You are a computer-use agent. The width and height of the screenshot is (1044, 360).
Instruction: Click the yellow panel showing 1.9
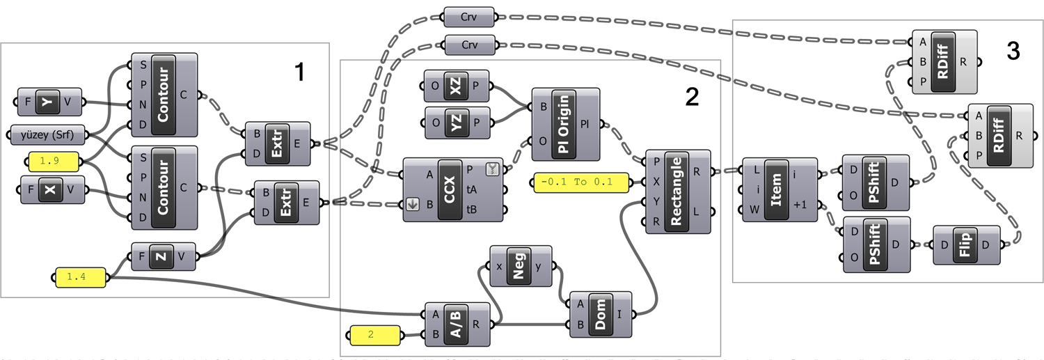click(x=54, y=162)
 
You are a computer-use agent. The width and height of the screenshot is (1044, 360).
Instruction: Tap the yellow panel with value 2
click(x=374, y=335)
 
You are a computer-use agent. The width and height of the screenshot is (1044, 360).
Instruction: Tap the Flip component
click(x=965, y=245)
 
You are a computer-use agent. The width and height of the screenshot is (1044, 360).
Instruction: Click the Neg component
click(x=518, y=267)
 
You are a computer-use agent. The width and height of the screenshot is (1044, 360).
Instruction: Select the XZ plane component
click(x=455, y=87)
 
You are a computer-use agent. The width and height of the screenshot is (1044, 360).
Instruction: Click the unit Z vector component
click(x=161, y=256)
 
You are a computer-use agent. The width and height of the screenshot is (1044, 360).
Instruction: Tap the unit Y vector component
click(x=48, y=102)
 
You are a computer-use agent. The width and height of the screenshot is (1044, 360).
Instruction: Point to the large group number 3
click(x=1013, y=49)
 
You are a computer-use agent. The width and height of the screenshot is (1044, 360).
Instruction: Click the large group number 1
click(x=299, y=72)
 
